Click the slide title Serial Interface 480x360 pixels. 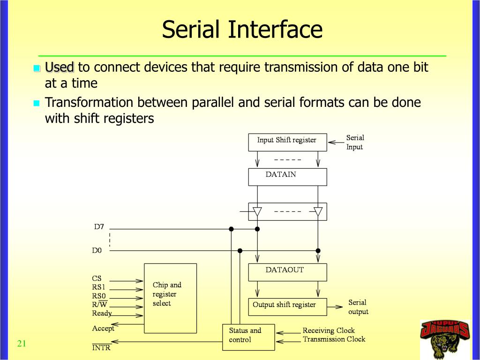(242, 30)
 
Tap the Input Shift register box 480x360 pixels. (287, 142)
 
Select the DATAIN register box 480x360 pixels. (287, 176)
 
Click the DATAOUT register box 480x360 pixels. (287, 272)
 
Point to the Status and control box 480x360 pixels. (248, 337)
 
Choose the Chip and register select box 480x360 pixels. (170, 298)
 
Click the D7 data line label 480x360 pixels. (99, 227)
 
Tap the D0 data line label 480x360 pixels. (97, 250)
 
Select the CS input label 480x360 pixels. (97, 278)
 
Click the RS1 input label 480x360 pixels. (98, 287)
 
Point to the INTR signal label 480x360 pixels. (101, 348)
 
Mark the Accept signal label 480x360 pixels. (103, 329)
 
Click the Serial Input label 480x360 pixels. (355, 142)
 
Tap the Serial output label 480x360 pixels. (358, 307)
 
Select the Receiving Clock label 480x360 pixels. (328, 330)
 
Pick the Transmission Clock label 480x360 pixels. (334, 339)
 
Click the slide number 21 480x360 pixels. (21, 344)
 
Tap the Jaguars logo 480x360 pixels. (444, 339)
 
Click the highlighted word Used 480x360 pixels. (60, 67)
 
